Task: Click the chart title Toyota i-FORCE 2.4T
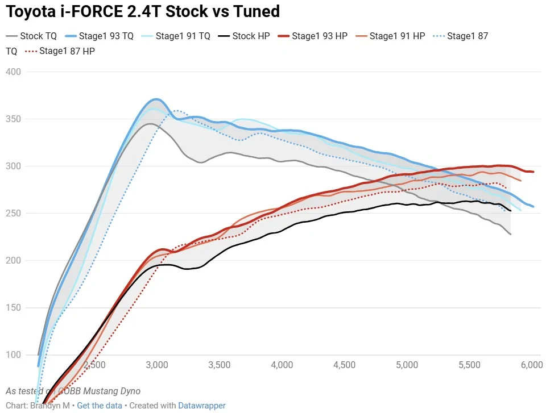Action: (143, 11)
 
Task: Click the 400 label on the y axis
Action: (14, 72)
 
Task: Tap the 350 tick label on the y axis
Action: (14, 119)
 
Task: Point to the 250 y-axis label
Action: (14, 213)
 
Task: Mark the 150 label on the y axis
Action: (14, 307)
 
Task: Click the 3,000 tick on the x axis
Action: (156, 365)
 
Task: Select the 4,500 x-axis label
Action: (345, 365)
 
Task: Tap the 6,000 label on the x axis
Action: (531, 365)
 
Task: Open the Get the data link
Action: (100, 406)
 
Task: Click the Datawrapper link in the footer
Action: (202, 406)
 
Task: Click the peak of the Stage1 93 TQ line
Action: (157, 99)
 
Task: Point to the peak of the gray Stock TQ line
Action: (150, 124)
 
